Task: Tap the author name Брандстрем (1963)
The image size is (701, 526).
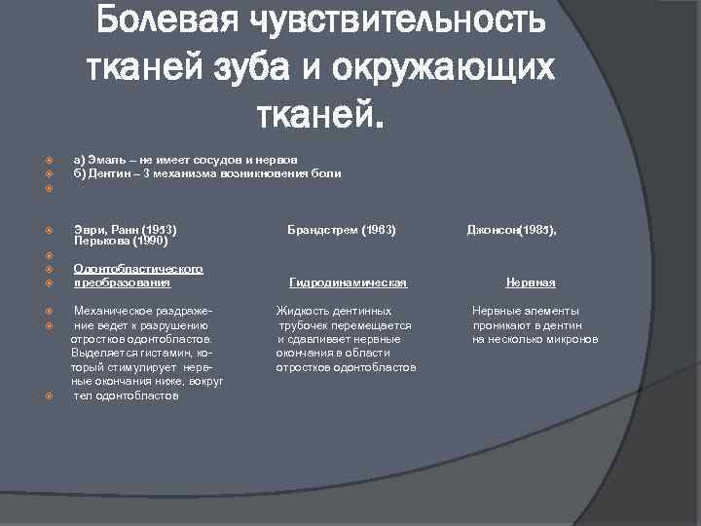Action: tap(341, 230)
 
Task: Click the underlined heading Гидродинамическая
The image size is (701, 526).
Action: tap(348, 282)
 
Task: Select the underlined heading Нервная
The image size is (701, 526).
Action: tap(531, 282)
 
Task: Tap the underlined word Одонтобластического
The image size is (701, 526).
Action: tap(138, 269)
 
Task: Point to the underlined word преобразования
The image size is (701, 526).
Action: tap(122, 282)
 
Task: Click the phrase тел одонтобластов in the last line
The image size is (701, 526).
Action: tap(127, 396)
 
